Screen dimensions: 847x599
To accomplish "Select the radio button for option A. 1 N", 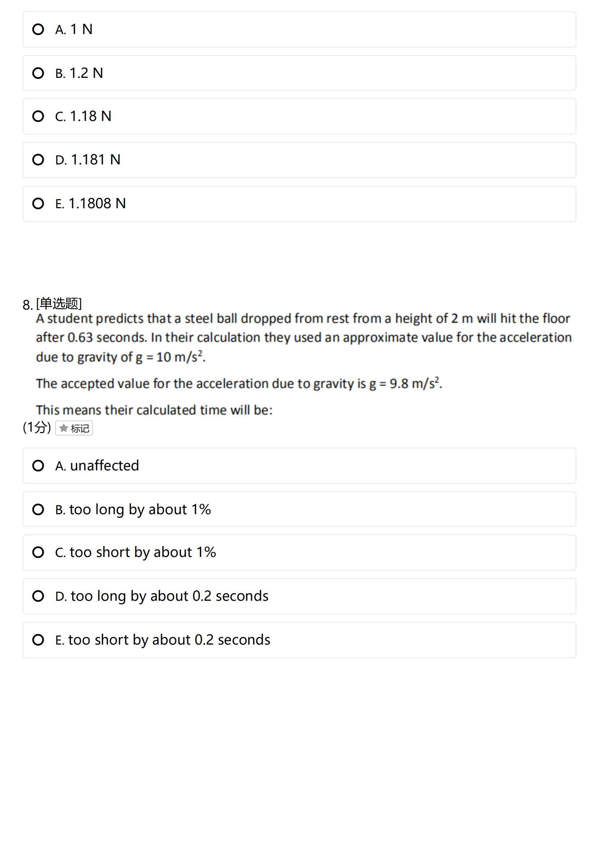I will tap(38, 29).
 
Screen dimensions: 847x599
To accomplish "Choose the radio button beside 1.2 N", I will tap(38, 73).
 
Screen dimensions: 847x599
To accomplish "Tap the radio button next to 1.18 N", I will tap(38, 116).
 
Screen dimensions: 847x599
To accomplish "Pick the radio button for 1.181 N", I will tap(38, 160).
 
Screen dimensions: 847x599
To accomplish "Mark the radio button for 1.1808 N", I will tap(38, 203).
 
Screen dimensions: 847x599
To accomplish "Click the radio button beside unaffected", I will tap(38, 466).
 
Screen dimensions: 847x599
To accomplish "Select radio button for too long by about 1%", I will tap(38, 510).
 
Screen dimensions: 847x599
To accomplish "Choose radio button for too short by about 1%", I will tap(38, 552).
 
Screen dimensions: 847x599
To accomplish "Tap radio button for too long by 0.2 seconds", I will tap(38, 596).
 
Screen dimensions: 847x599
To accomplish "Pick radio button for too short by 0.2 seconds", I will tap(38, 640).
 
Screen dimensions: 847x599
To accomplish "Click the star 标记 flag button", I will tap(74, 428).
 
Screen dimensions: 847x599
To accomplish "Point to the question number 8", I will tap(27, 305).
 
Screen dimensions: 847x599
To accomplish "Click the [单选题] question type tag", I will tap(59, 303).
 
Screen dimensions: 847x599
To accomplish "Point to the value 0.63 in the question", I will tap(80, 337).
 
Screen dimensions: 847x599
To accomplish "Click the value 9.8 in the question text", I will tap(399, 383).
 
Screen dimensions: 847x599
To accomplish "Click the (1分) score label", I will tap(37, 427).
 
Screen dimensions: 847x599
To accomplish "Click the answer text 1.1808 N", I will tap(97, 203).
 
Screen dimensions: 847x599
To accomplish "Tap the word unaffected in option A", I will tap(104, 466).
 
